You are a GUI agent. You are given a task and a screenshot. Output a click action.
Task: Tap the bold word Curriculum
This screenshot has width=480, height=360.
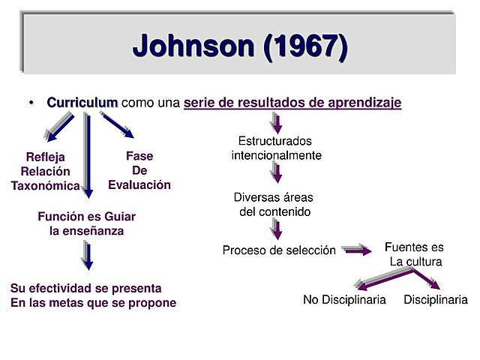[x=82, y=102]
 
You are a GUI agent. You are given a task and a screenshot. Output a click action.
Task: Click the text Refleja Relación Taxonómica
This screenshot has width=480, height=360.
[x=45, y=171]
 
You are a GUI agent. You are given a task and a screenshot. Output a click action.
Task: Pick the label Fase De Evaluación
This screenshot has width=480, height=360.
[x=139, y=170]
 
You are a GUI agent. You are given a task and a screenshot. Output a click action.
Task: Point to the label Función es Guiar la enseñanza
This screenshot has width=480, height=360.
[x=87, y=223]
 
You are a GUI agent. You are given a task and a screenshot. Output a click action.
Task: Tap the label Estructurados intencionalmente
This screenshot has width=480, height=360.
[x=276, y=148]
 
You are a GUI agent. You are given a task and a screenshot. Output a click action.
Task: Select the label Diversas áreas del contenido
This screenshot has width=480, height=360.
[x=274, y=204]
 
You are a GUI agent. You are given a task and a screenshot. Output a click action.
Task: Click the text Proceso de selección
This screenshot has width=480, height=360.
[x=279, y=250]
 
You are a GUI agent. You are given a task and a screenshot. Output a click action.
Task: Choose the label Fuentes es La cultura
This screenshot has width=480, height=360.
[x=415, y=254]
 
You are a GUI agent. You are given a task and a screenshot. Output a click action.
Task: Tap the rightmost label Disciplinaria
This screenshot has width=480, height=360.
[x=435, y=300]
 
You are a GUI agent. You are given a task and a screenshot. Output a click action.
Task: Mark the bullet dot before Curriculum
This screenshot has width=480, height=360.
[x=32, y=102]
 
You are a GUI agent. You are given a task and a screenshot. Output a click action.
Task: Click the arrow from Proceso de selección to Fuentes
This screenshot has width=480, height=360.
[x=356, y=250]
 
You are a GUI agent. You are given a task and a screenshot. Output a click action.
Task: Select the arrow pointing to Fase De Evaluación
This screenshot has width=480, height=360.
[x=118, y=126]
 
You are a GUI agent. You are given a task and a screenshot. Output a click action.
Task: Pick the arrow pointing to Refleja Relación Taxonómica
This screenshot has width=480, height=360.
[x=60, y=127]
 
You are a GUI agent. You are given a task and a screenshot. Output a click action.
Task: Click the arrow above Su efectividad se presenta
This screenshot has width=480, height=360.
[x=87, y=256]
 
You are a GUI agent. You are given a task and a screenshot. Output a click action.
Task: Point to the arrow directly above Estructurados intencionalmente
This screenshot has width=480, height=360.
[x=277, y=122]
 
